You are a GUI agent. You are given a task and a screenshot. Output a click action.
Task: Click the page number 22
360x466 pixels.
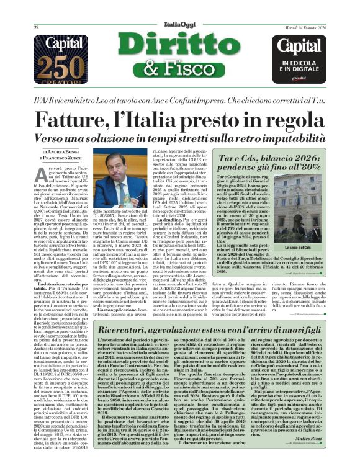pos(37,28)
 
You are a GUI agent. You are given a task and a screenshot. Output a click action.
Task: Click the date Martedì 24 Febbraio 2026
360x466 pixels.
pos(305,28)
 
